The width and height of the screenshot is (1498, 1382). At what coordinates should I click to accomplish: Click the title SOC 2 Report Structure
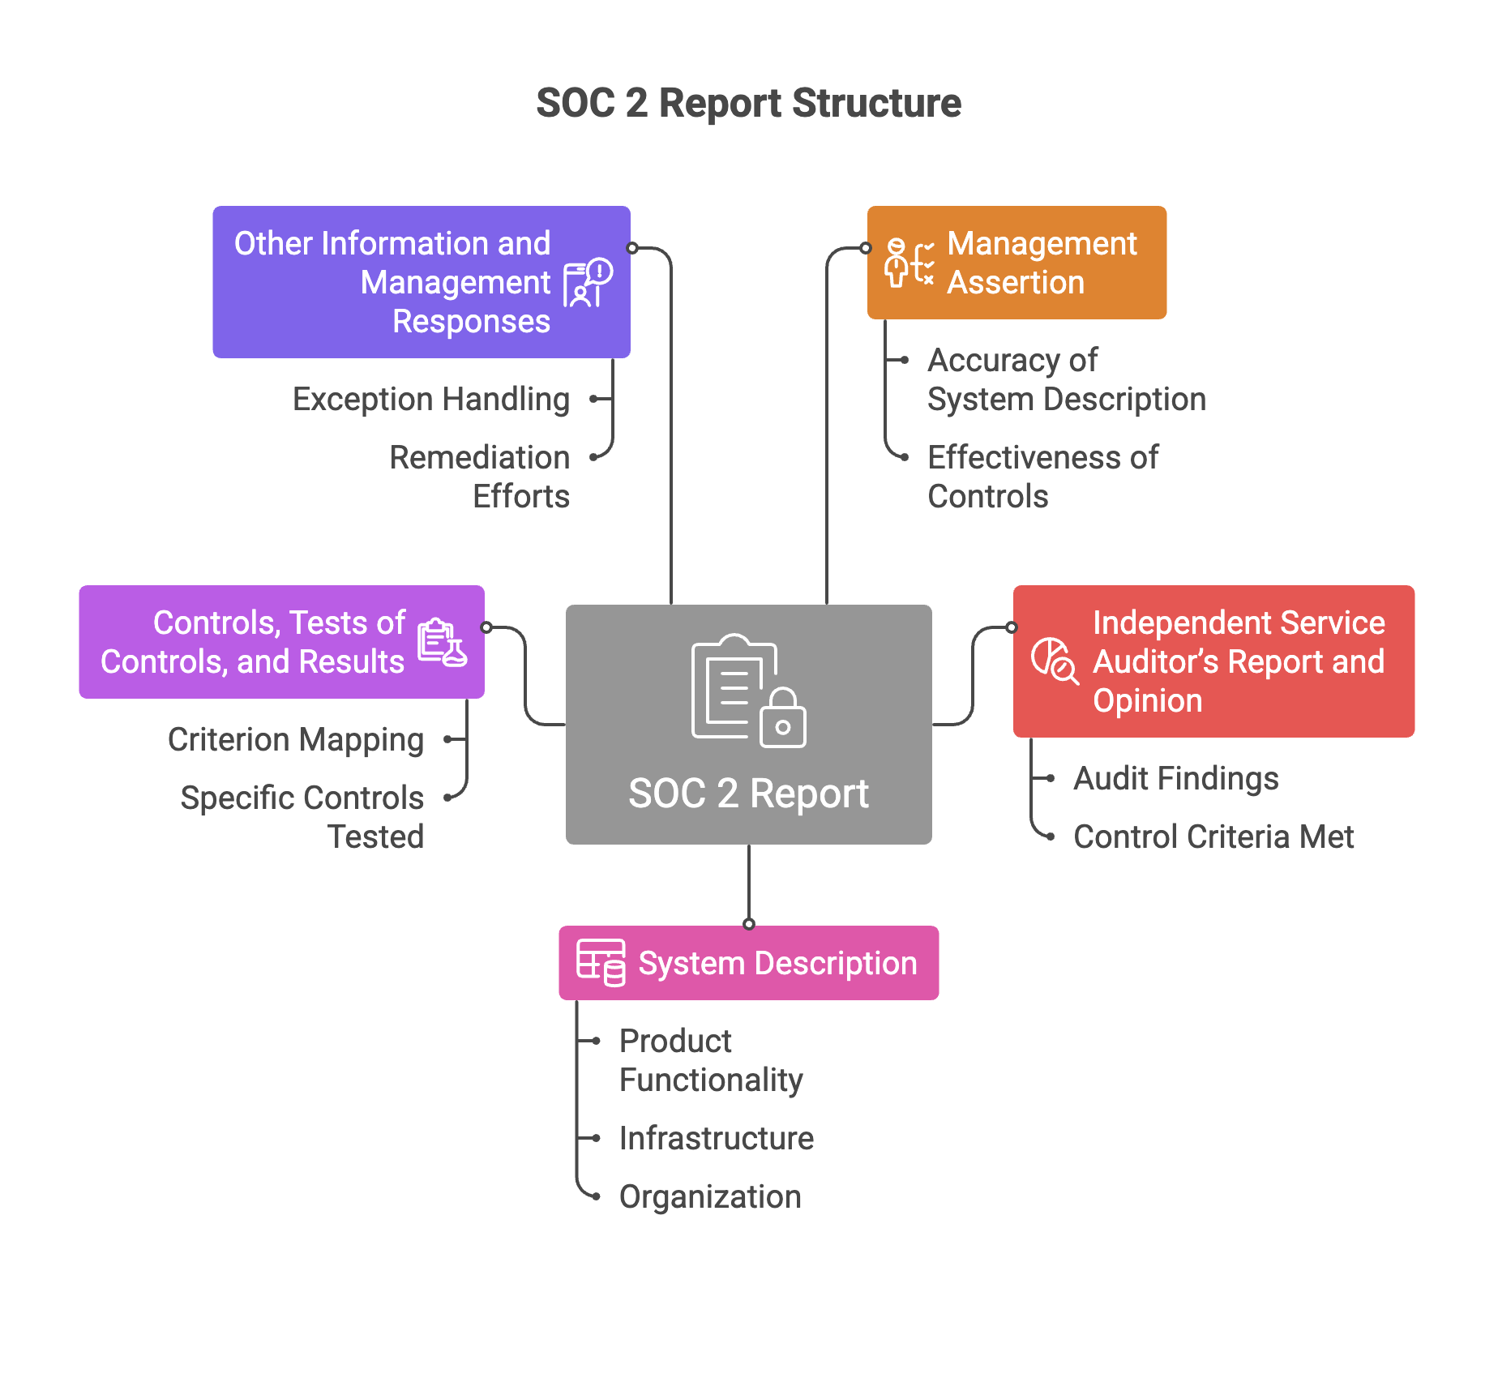coord(748,104)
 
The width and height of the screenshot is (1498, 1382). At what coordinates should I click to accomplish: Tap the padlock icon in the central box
coord(782,719)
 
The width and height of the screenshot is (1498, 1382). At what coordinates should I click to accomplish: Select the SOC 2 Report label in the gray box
coord(748,794)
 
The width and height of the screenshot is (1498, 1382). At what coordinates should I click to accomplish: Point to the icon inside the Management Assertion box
coord(908,263)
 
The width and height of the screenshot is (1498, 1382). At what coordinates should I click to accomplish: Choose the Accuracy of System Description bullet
coord(1065,379)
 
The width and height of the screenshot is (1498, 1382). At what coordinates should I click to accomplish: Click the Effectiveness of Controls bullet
coord(1042,477)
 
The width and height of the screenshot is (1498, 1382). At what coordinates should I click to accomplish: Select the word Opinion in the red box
coord(1147,701)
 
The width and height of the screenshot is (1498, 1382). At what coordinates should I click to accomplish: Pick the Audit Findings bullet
coord(1175,779)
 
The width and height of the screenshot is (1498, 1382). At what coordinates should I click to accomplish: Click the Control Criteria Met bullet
coord(1213,837)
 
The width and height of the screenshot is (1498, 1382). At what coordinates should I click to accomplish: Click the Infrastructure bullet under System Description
coord(716,1139)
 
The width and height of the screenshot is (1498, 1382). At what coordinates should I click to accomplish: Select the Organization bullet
coord(710,1197)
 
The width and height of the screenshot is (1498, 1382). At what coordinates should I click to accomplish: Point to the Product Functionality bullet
coord(710,1060)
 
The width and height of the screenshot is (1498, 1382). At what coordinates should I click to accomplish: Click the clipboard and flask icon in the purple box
coord(442,643)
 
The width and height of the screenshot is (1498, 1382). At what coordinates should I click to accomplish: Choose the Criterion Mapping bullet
coord(296,740)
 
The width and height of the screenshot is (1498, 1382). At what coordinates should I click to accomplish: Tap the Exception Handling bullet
coord(431,400)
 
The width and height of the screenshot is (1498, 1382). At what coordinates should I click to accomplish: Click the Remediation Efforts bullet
coord(480,477)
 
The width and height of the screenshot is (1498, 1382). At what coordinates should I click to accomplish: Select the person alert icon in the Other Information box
coord(588,283)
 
